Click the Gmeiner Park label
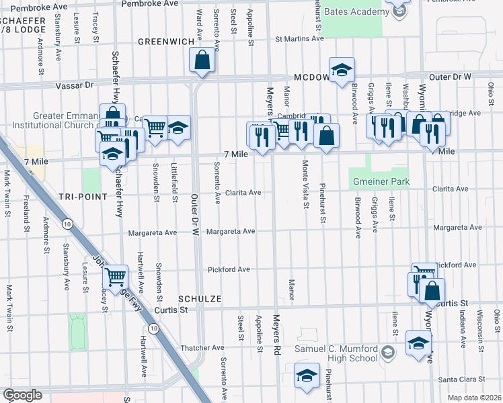click(x=380, y=182)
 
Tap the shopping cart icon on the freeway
click(x=116, y=276)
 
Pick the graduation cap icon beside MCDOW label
click(x=342, y=70)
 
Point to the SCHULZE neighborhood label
click(x=200, y=298)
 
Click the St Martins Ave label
click(x=300, y=39)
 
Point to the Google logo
click(x=22, y=395)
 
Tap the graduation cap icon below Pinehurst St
click(x=307, y=375)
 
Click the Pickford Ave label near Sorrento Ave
click(x=229, y=269)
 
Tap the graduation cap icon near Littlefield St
click(x=178, y=128)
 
